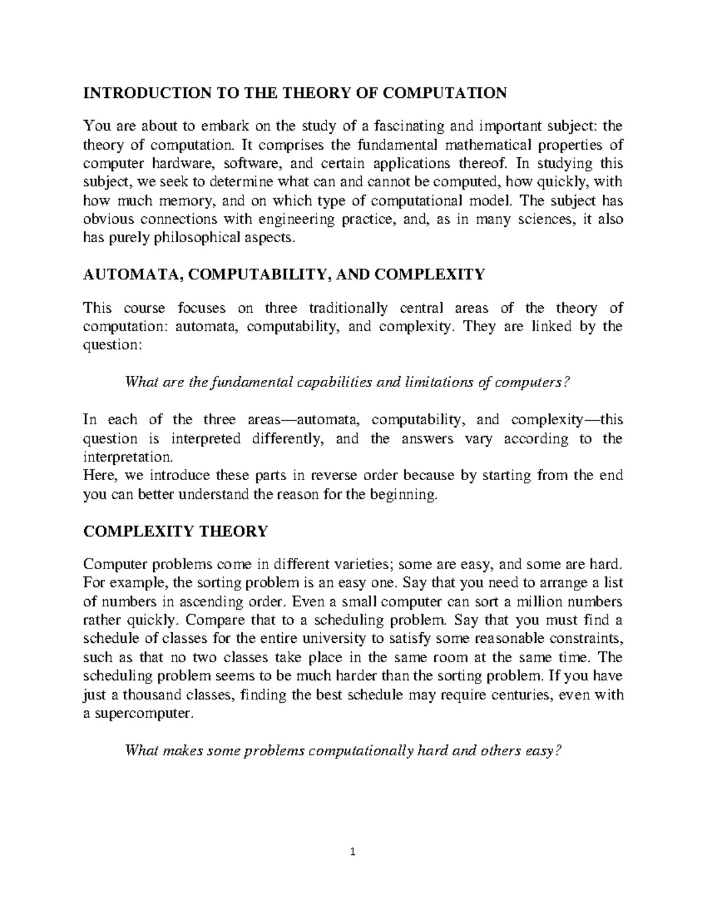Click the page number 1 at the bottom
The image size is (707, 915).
tap(353, 851)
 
